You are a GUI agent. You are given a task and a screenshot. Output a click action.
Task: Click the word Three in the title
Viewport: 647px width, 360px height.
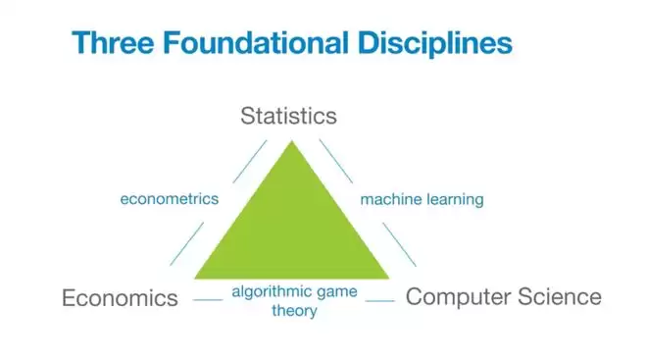(x=113, y=42)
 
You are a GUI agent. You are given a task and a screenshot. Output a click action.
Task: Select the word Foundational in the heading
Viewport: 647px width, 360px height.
(x=256, y=42)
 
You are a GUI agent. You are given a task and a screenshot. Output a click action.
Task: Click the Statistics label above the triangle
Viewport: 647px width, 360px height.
(x=288, y=116)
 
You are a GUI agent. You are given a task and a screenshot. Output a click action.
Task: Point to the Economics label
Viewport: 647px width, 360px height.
(x=120, y=297)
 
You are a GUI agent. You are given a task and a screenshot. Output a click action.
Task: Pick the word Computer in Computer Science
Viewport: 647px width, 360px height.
(x=458, y=297)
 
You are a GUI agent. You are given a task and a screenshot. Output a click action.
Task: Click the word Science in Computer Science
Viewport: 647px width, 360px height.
(x=560, y=296)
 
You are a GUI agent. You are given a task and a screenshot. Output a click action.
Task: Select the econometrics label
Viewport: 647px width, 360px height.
(x=170, y=199)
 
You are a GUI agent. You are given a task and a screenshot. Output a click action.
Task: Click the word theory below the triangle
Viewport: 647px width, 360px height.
(x=294, y=311)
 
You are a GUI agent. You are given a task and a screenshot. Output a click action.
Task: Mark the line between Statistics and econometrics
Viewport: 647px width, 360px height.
(x=250, y=162)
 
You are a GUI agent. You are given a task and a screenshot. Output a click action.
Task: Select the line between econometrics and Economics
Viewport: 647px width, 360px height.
(x=186, y=243)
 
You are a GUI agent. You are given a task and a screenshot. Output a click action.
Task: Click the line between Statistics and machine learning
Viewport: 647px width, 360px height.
(x=336, y=161)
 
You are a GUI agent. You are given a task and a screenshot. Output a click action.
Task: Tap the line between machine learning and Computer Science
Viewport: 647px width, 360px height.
(x=399, y=244)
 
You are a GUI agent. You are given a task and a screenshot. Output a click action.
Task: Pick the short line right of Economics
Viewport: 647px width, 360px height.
(x=208, y=300)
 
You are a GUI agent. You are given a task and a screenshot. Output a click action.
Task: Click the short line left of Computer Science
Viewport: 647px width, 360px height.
(x=380, y=301)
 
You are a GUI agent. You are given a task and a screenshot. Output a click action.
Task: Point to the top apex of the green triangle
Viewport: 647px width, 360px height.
(x=292, y=141)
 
